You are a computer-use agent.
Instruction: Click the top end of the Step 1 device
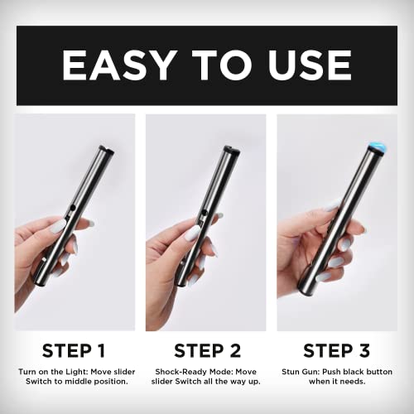tap(103, 150)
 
